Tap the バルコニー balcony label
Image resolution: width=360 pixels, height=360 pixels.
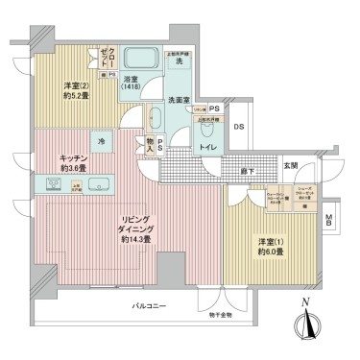150,306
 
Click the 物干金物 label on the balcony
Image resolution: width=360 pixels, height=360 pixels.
222,312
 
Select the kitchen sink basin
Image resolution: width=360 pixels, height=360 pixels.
104,182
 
